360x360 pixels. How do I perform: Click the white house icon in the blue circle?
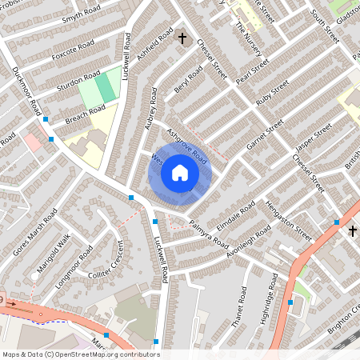pyautogui.click(x=179, y=173)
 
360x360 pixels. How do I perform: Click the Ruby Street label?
pyautogui.click(x=273, y=94)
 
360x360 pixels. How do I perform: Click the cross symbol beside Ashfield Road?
pyautogui.click(x=182, y=38)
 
